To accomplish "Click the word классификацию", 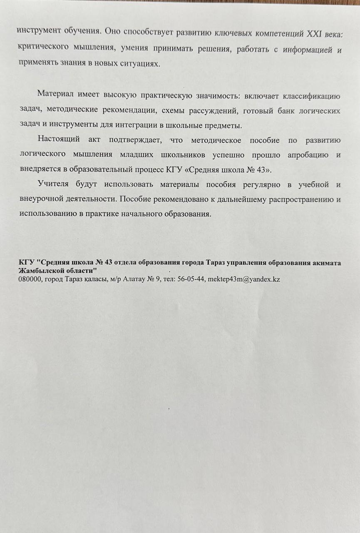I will tap(311, 97).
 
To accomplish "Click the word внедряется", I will tap(40, 169).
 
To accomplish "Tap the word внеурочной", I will tap(41, 199).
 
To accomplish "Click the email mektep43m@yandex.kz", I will tap(244, 279).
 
